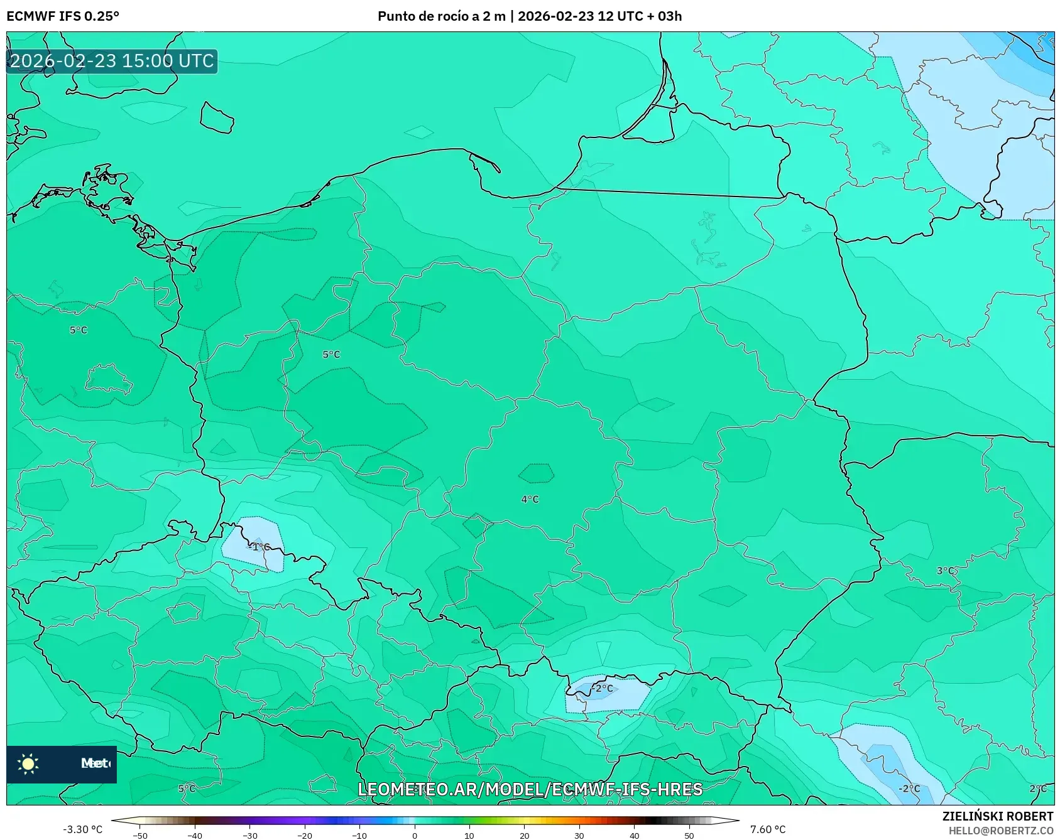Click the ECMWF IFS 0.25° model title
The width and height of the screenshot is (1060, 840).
[63, 16]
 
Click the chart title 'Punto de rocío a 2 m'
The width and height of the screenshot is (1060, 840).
[442, 16]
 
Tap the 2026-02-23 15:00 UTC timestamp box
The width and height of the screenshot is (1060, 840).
[112, 61]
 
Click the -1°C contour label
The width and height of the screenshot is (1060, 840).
[259, 547]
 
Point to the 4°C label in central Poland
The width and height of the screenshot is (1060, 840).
[530, 500]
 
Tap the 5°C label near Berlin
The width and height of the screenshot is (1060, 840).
[79, 330]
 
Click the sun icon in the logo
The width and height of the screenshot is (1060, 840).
[28, 763]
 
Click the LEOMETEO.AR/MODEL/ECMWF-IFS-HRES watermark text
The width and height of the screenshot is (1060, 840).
[530, 789]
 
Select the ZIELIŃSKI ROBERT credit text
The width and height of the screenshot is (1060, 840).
[997, 816]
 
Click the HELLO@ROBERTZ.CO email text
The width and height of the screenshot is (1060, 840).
[1000, 831]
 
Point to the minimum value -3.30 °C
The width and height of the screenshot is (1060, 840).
[82, 829]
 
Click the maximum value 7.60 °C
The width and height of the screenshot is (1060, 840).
[767, 829]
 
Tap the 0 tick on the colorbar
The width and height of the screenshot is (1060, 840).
[414, 836]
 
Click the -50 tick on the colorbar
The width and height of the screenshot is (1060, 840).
[140, 836]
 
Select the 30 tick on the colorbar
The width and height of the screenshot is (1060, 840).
[579, 836]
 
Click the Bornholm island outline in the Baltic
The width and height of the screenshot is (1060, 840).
[217, 117]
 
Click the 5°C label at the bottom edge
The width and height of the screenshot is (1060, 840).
[187, 789]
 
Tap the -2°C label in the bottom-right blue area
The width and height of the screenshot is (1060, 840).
[909, 789]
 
